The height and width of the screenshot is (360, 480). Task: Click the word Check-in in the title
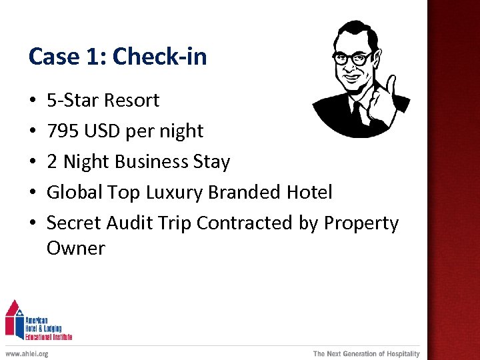coord(159,57)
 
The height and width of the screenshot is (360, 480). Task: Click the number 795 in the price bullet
coord(62,131)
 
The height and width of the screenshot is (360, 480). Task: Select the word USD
coord(102,131)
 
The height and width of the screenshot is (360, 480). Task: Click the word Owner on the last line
coord(75,248)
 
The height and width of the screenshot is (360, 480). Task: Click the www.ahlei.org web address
coord(27,353)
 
